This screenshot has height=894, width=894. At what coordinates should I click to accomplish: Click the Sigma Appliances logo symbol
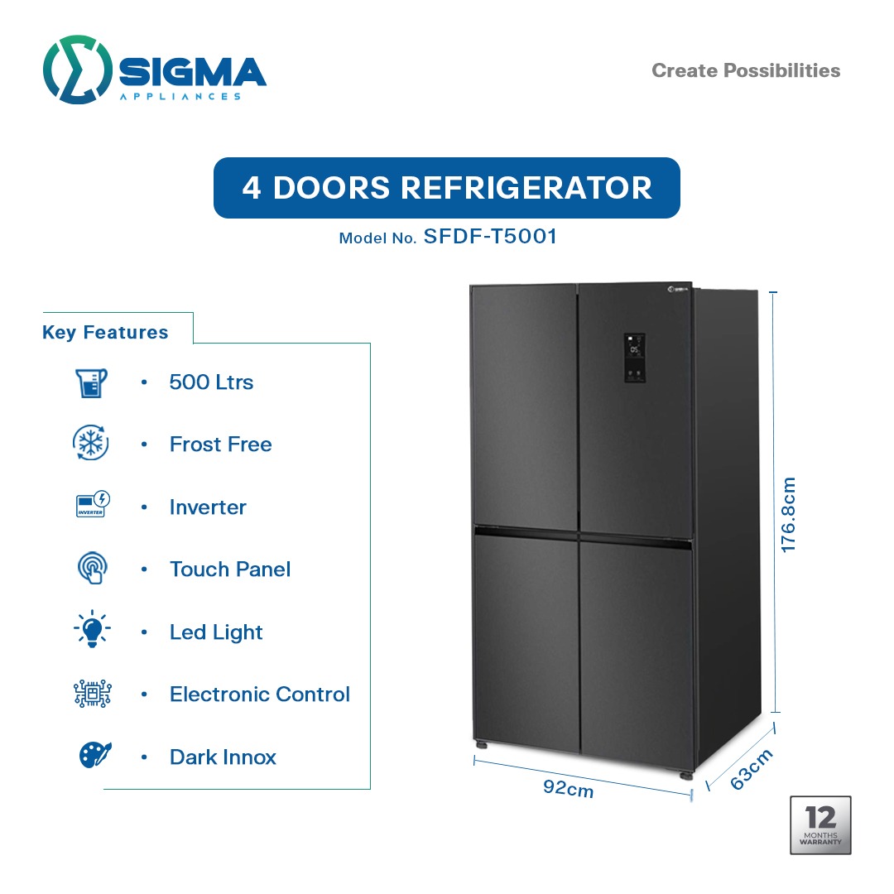(x=77, y=70)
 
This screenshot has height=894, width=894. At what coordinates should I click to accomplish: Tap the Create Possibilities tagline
(x=746, y=70)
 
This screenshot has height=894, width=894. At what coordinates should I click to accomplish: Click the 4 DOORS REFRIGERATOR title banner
(x=447, y=188)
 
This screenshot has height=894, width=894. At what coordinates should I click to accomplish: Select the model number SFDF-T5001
(x=489, y=237)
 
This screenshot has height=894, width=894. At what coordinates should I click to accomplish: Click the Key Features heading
(x=105, y=333)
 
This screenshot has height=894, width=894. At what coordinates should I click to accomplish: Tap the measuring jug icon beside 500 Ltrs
(x=91, y=382)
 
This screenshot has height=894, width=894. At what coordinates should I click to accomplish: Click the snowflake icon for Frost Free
(x=91, y=445)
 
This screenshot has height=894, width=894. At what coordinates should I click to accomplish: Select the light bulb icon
(x=92, y=632)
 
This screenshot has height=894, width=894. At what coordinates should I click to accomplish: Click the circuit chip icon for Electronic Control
(x=92, y=694)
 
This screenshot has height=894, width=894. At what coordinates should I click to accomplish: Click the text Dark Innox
(x=223, y=757)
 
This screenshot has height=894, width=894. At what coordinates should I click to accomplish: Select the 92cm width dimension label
(x=568, y=788)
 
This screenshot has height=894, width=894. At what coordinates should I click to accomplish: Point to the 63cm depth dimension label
(x=752, y=769)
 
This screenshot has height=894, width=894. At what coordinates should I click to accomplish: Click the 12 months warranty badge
(x=819, y=824)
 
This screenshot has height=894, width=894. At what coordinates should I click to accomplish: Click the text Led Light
(x=216, y=632)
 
